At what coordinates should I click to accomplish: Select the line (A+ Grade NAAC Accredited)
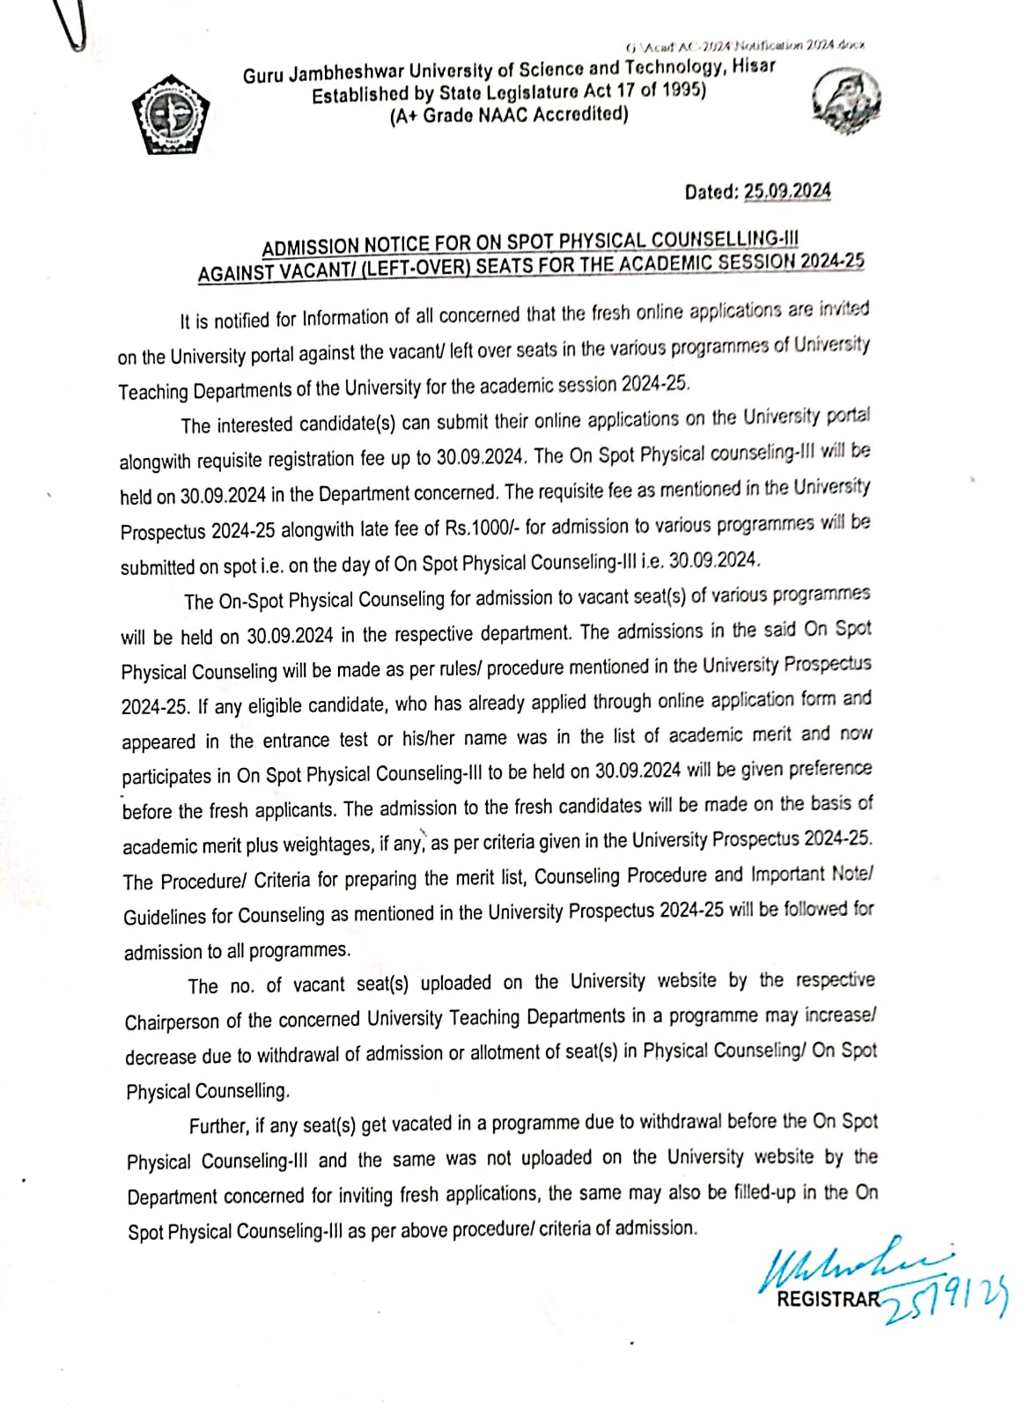509,115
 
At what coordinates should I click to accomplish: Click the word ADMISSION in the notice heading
311,245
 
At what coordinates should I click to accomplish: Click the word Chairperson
172,1022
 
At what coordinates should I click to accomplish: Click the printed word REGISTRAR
828,1298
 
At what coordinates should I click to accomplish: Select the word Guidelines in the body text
165,917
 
